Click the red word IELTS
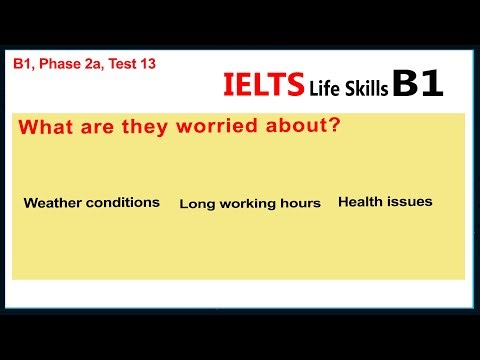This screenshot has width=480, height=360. [x=262, y=86]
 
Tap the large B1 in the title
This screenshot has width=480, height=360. [x=417, y=84]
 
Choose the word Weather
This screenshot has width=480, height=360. [x=52, y=202]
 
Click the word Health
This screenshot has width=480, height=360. [x=360, y=201]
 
